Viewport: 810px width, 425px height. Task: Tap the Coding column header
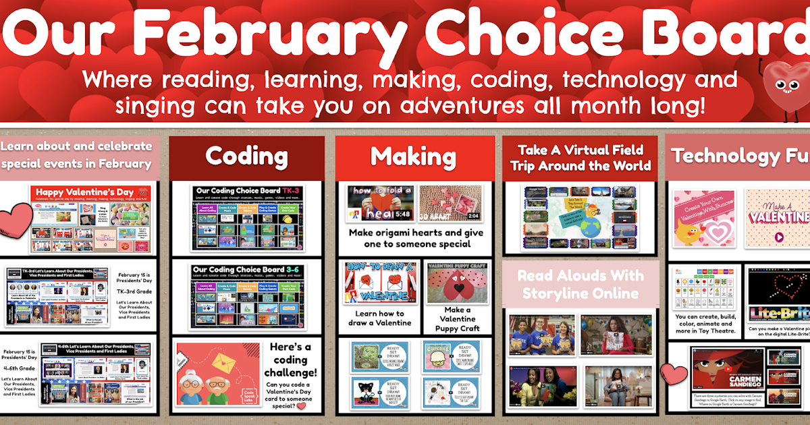tap(246, 157)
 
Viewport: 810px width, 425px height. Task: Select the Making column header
tap(413, 157)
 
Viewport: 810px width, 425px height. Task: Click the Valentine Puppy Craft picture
tap(457, 283)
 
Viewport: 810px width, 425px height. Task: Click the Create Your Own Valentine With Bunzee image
tap(703, 217)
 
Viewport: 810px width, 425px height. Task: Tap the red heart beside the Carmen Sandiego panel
tap(674, 373)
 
